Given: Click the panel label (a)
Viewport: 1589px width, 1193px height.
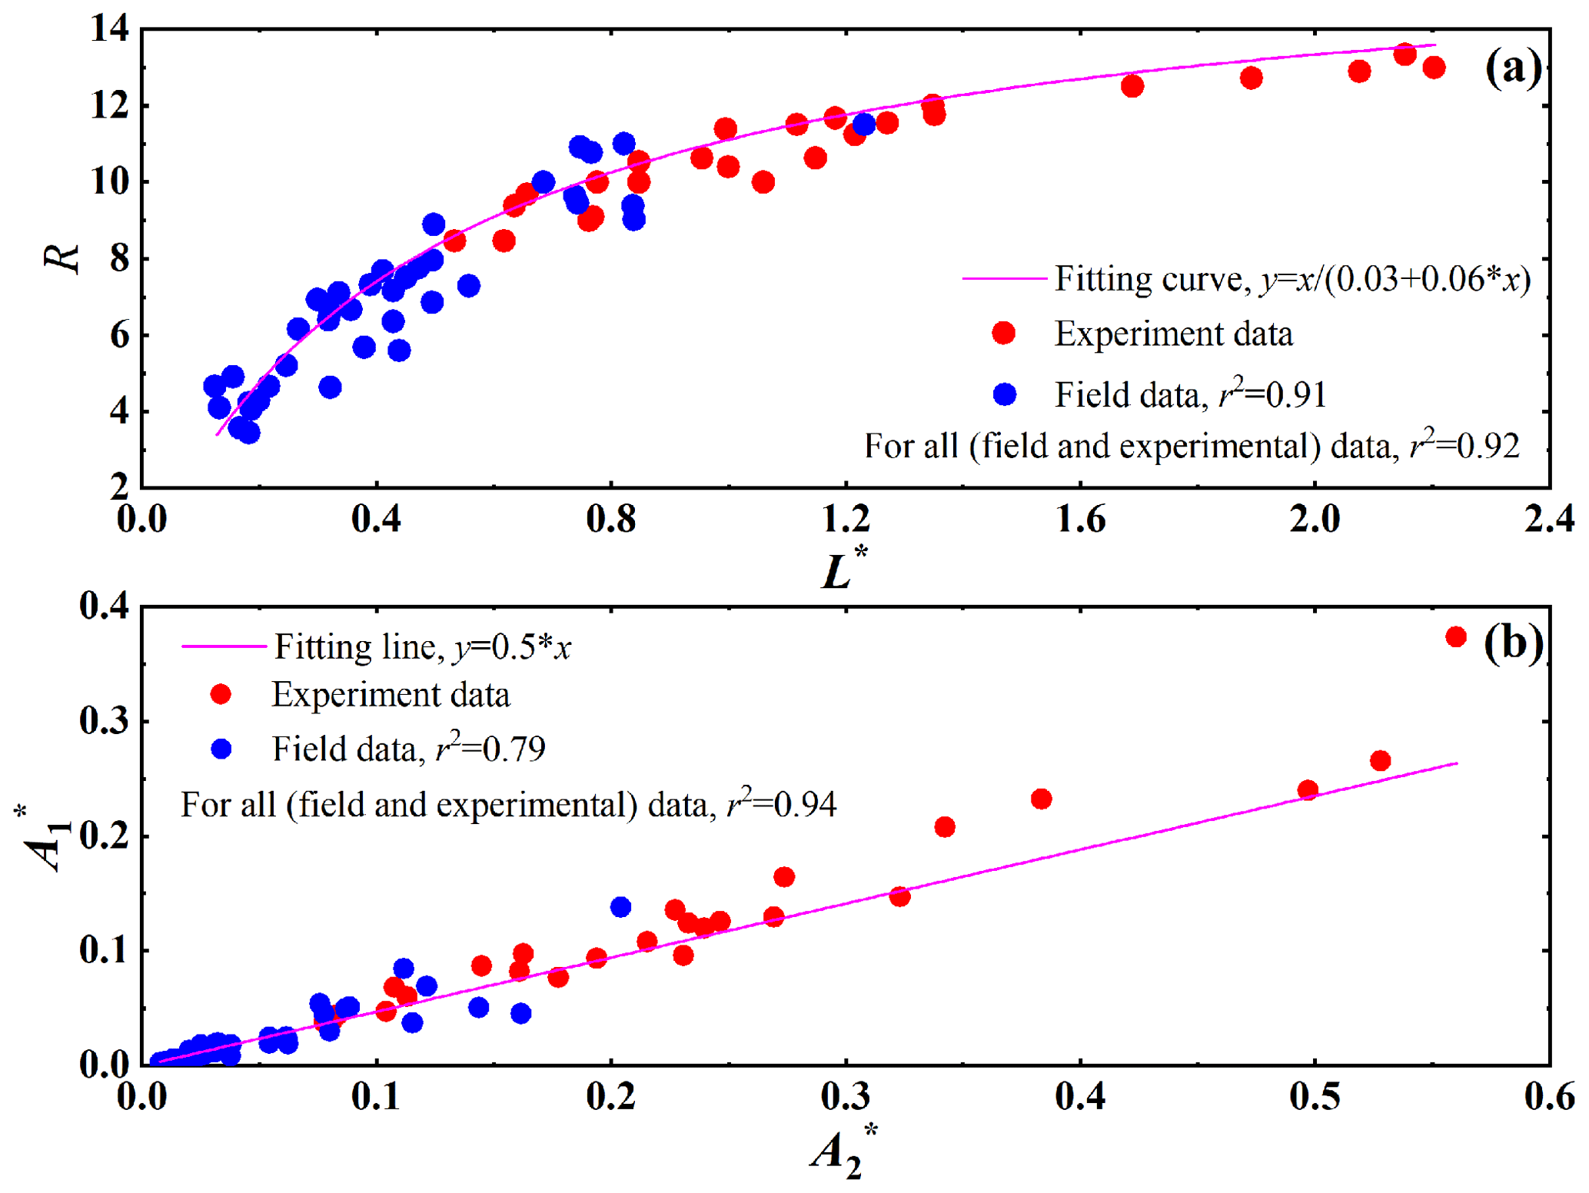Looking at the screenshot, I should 1512,69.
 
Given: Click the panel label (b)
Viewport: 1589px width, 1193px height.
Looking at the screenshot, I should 1512,643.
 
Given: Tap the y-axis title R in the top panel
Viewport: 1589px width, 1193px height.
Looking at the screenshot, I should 61,258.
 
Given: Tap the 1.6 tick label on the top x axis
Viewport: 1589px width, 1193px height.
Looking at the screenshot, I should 1080,520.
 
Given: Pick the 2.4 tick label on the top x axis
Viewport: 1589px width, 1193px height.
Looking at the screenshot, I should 1548,520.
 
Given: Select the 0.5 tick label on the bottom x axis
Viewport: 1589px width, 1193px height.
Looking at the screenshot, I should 1314,1097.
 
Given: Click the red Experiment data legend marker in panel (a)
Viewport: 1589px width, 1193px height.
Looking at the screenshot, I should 1004,333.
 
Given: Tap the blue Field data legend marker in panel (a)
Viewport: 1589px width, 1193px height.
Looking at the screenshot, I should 1004,394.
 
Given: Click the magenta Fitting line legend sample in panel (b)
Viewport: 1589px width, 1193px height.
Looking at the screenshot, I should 223,646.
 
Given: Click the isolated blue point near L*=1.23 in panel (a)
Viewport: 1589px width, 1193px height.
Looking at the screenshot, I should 864,124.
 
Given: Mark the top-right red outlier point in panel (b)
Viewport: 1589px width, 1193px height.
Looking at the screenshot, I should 1455,636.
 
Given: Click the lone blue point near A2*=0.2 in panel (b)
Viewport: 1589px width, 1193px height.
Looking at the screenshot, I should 620,907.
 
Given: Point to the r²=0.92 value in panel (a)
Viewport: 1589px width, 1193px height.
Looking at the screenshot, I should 1465,446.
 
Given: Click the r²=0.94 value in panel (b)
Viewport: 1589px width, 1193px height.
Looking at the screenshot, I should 782,804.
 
